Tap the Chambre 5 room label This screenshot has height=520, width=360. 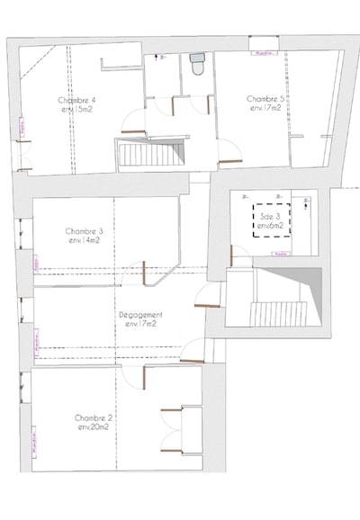click(x=265, y=98)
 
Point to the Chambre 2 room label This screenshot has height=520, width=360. click(x=94, y=417)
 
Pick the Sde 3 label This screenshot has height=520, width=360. click(x=270, y=217)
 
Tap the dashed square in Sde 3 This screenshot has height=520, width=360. click(x=270, y=220)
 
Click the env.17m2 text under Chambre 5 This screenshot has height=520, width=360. click(x=265, y=108)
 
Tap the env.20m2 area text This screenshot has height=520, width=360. click(x=94, y=427)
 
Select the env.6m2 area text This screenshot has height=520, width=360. click(x=270, y=226)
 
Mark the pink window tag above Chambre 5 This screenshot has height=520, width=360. click(x=264, y=52)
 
